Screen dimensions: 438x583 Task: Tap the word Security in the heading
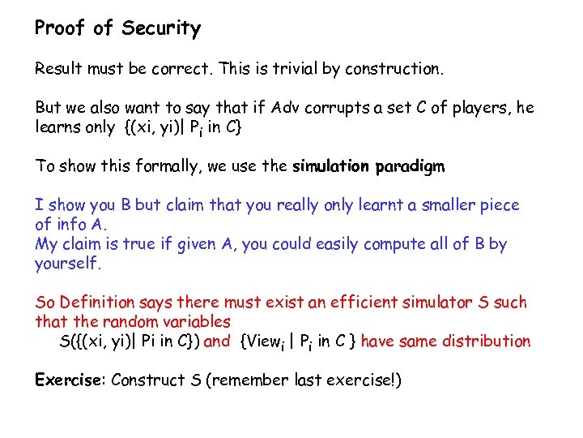(161, 29)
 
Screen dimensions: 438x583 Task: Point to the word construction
(394, 69)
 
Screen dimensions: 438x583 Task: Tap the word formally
(163, 166)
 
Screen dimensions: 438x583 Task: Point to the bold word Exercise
(70, 380)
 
